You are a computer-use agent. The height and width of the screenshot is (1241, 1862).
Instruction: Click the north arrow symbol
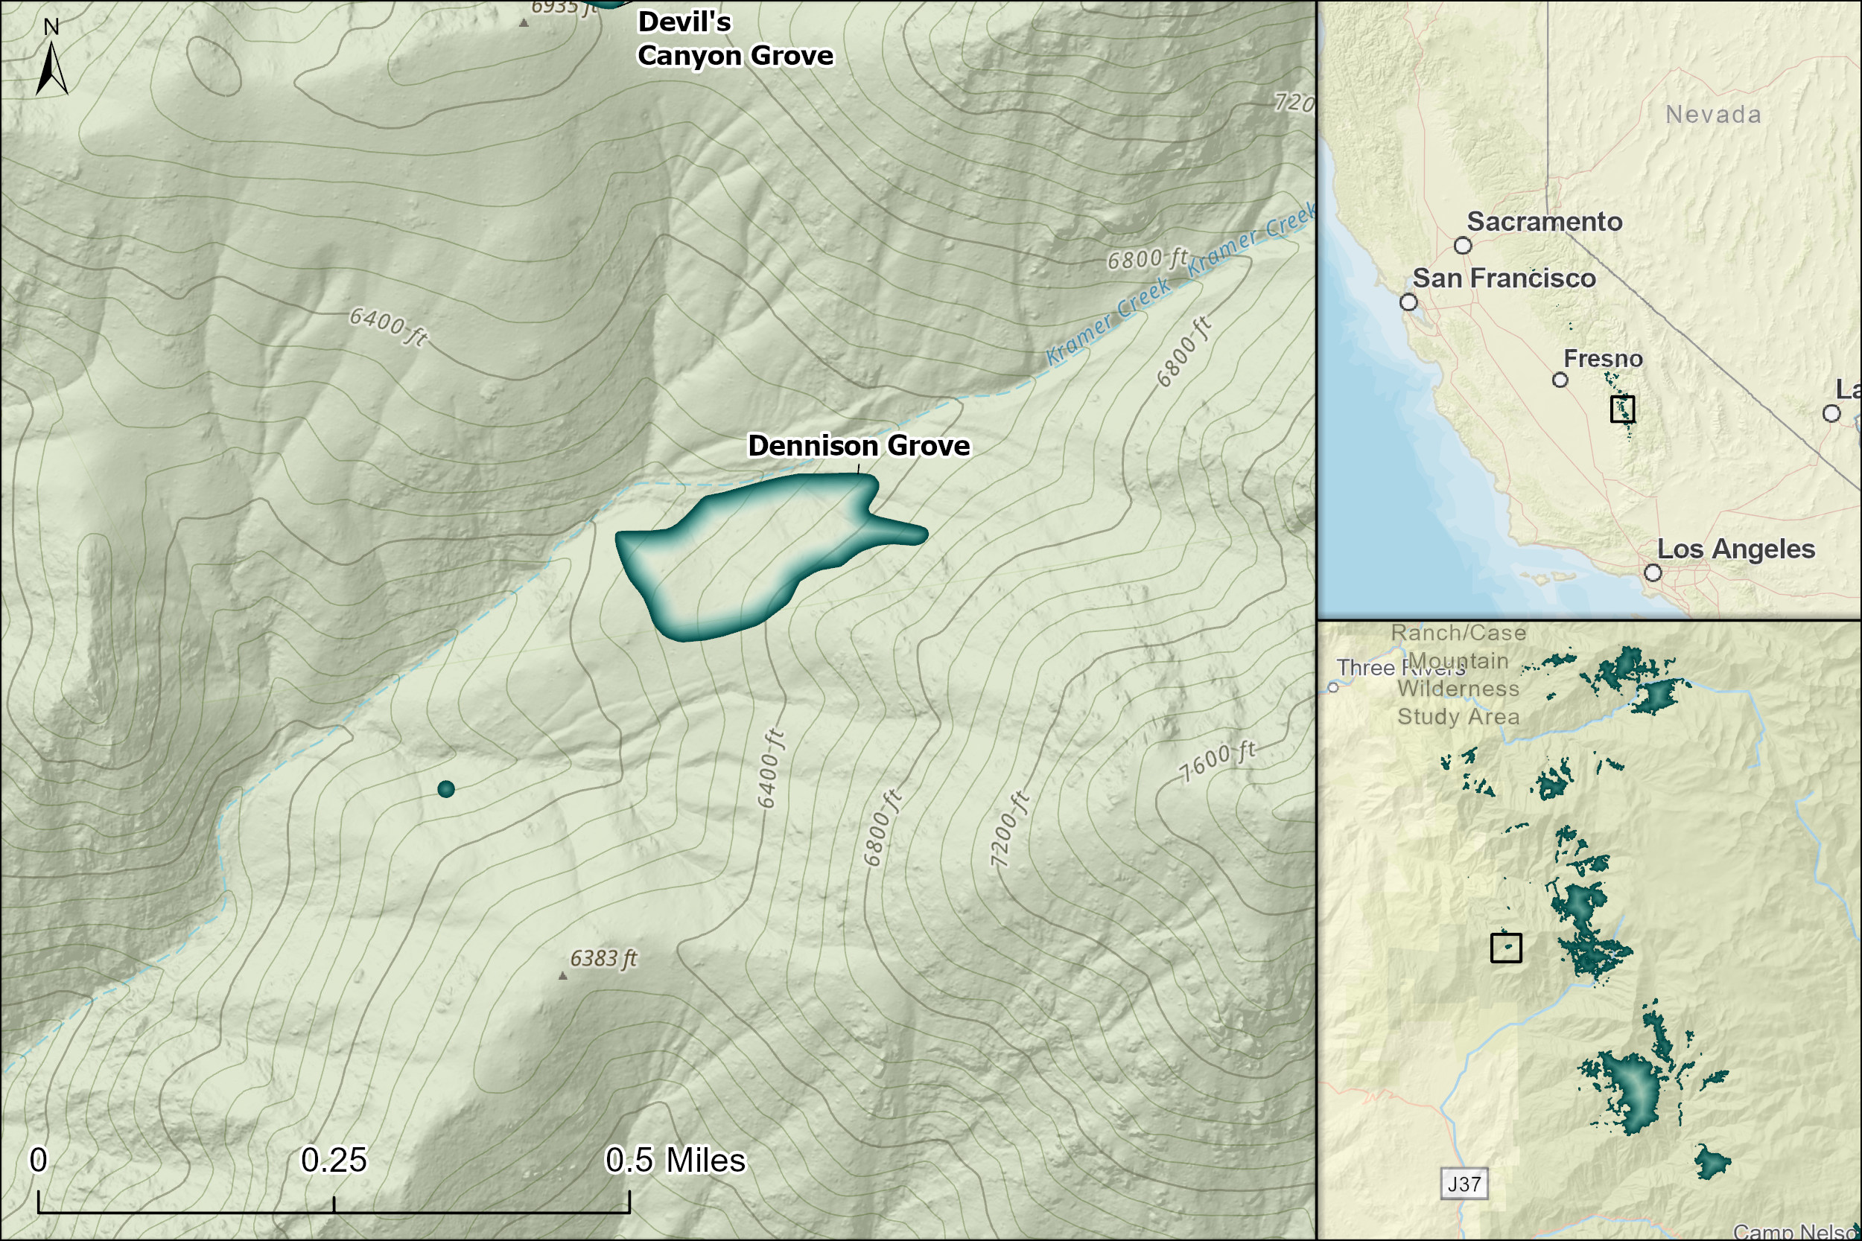pyautogui.click(x=51, y=67)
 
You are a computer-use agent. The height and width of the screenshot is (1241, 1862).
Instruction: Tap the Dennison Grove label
pyautogui.click(x=858, y=446)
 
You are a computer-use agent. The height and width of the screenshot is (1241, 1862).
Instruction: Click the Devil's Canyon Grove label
pyautogui.click(x=734, y=39)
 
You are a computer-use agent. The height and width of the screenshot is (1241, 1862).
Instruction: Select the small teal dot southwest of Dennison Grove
pyautogui.click(x=445, y=789)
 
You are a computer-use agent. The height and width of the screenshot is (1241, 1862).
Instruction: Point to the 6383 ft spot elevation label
pyautogui.click(x=603, y=958)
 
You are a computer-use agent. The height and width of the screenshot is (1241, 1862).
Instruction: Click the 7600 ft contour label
pyautogui.click(x=1218, y=762)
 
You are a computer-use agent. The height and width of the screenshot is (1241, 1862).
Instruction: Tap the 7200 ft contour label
pyautogui.click(x=1008, y=829)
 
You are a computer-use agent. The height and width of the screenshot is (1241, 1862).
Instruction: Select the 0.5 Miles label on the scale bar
pyautogui.click(x=675, y=1161)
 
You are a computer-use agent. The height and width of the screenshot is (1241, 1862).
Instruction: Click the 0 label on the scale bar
pyautogui.click(x=38, y=1161)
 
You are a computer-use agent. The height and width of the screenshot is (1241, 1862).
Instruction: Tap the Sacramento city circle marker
pyautogui.click(x=1463, y=246)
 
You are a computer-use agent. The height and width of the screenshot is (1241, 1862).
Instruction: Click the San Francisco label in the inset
pyautogui.click(x=1503, y=278)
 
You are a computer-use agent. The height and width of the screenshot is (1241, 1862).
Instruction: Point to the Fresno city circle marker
pyautogui.click(x=1560, y=380)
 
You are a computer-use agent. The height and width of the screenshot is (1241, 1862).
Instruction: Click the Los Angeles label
pyautogui.click(x=1735, y=549)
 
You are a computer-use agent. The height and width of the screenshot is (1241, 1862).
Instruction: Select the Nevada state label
pyautogui.click(x=1713, y=115)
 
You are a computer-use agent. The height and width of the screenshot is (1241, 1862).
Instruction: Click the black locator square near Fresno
pyautogui.click(x=1622, y=409)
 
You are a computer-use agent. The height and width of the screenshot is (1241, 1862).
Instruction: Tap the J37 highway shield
pyautogui.click(x=1464, y=1184)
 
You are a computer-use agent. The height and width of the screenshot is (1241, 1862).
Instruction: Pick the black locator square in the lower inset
pyautogui.click(x=1506, y=948)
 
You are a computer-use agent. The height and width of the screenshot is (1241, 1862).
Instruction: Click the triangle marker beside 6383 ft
pyautogui.click(x=563, y=976)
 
